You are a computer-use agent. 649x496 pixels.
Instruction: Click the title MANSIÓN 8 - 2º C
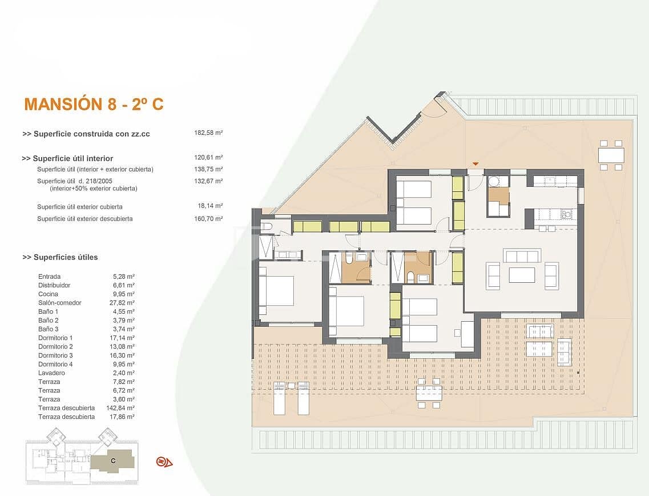(x=94, y=105)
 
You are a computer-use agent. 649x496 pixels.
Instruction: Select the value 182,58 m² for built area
(x=208, y=133)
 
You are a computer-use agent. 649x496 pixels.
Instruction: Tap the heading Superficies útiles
(x=60, y=257)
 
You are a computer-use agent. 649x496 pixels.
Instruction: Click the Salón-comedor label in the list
(x=59, y=303)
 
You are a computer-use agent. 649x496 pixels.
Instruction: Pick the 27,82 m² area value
(x=124, y=303)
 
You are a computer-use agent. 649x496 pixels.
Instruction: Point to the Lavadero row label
(x=51, y=373)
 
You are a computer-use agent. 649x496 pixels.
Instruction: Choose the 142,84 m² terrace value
(x=123, y=408)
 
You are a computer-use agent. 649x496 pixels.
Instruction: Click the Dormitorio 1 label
(x=55, y=338)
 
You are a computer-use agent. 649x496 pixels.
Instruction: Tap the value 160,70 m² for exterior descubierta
(x=208, y=218)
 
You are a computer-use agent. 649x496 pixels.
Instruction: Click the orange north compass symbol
(x=164, y=462)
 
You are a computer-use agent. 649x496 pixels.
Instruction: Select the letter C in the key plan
(x=113, y=460)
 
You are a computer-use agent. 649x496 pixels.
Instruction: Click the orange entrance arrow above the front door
(x=475, y=165)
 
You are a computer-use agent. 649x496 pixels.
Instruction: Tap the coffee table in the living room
(x=522, y=275)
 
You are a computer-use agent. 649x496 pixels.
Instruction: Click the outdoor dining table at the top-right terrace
(x=611, y=155)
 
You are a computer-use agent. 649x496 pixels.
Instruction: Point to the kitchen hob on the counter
(x=566, y=214)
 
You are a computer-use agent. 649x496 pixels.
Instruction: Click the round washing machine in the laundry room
(x=494, y=181)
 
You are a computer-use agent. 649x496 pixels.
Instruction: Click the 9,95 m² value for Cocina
(x=124, y=294)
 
